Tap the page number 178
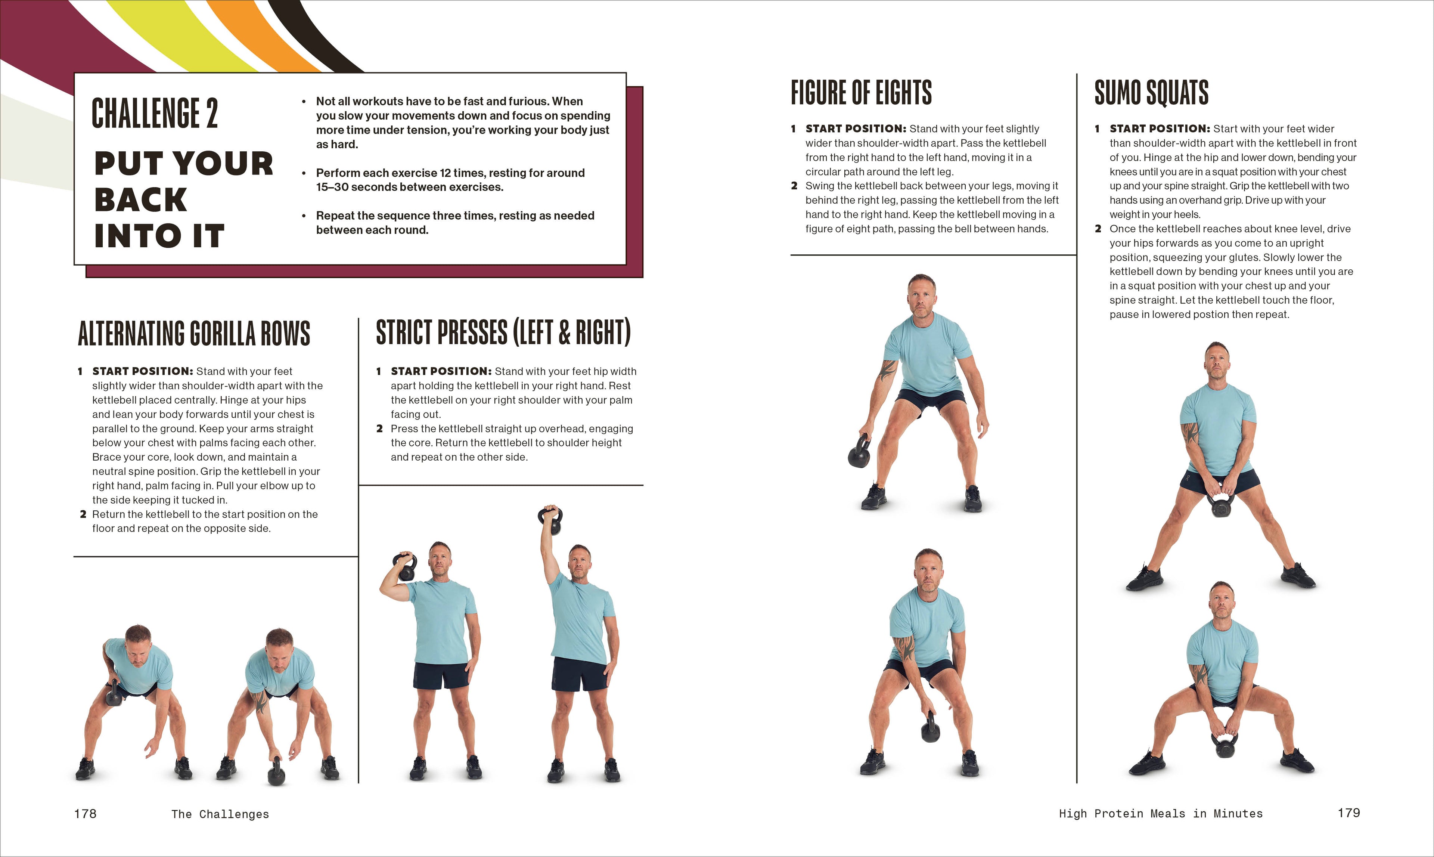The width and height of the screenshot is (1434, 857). [86, 813]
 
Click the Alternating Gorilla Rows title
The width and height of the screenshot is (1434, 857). [194, 334]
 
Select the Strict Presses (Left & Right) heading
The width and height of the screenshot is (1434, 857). [503, 332]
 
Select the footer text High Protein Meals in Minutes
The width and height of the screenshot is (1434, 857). [1160, 813]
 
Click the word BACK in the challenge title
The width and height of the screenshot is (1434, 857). [141, 200]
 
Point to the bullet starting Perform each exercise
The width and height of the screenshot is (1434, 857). [450, 180]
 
